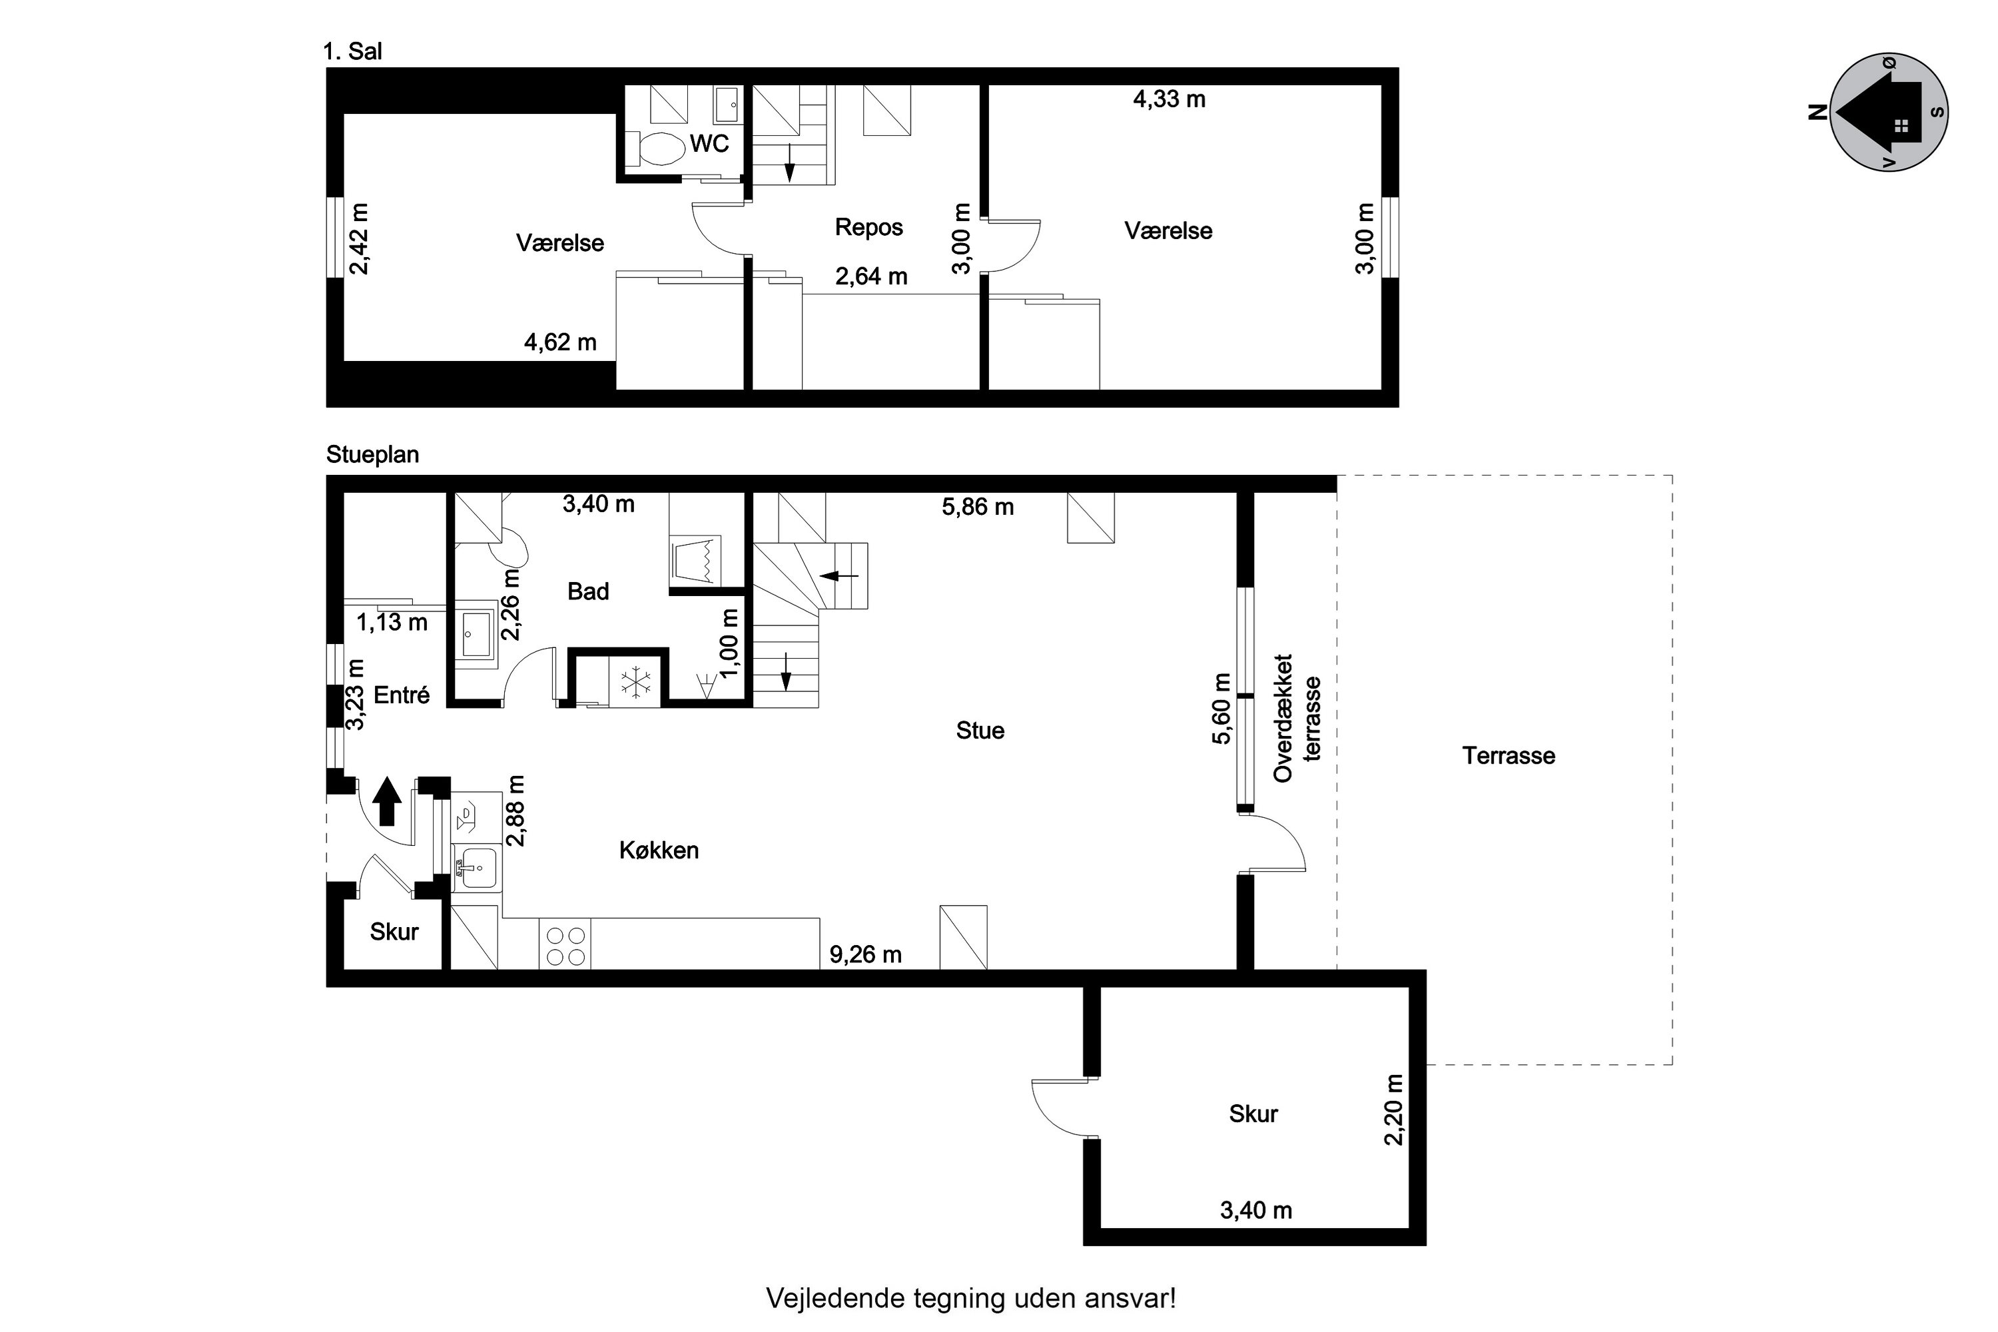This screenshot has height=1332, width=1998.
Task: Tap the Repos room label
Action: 868,227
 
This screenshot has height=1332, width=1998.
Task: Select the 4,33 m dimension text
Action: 1169,99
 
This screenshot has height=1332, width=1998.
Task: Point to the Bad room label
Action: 588,591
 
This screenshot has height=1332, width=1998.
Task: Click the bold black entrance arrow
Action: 388,801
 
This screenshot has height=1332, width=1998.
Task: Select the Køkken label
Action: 659,850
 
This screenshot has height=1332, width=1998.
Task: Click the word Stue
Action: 980,731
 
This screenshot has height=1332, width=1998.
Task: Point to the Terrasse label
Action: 1508,756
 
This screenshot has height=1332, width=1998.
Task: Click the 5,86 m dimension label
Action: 978,507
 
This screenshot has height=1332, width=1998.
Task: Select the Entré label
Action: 402,695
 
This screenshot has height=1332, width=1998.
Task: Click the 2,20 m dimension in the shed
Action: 1394,1110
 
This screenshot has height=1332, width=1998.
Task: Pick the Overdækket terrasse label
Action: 1296,718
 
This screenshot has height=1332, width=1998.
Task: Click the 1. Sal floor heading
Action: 352,52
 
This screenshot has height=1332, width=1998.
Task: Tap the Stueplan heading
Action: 372,454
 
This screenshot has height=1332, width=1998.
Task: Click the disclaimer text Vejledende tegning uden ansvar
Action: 971,1299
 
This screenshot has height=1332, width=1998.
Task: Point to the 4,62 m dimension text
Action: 560,342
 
